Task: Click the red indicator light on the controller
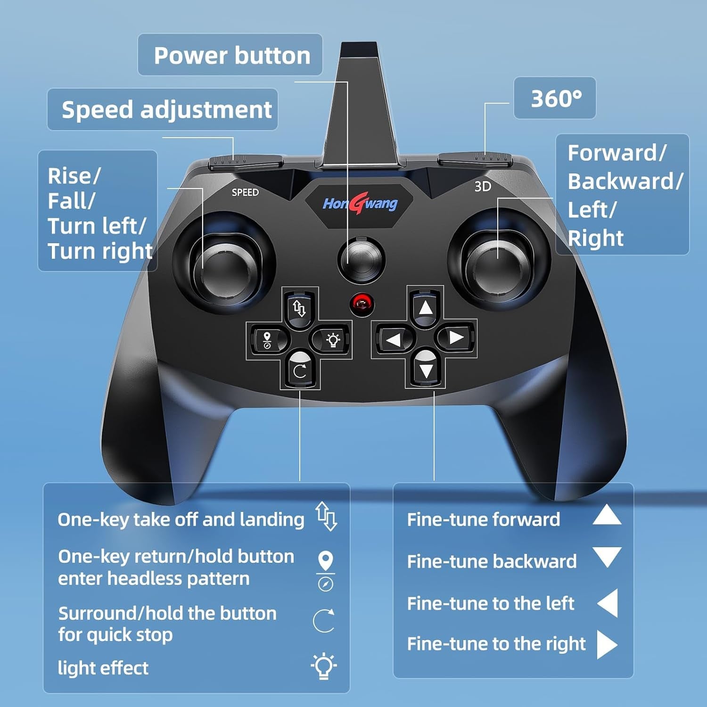point(362,303)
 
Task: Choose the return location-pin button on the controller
point(267,339)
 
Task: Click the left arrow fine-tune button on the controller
point(394,338)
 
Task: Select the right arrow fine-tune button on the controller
point(456,337)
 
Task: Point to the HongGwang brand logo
point(360,204)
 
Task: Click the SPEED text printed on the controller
point(245,192)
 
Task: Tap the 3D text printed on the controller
point(483,187)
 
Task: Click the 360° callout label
point(555,99)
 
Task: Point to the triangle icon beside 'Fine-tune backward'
point(607,557)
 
